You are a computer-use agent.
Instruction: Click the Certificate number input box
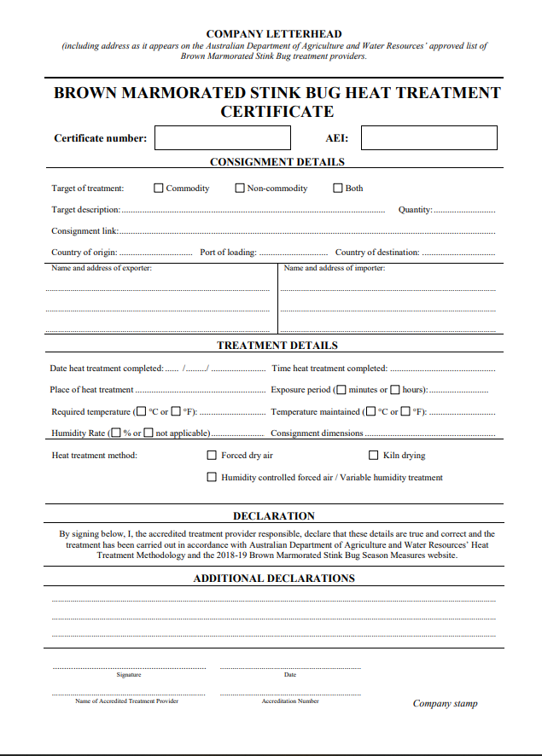tap(222, 137)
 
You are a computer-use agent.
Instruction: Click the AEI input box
tap(428, 137)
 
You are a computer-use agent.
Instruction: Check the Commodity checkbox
tap(159, 189)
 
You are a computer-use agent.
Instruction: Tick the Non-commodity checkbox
tap(240, 189)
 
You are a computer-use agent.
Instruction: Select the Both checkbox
tap(338, 189)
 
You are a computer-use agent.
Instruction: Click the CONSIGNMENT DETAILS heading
tap(277, 162)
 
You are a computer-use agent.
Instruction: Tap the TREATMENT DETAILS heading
tap(277, 346)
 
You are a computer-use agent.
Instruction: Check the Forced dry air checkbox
tap(213, 456)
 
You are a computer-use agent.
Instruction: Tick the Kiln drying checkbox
tap(374, 456)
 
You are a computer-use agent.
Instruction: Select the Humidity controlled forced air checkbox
tap(213, 478)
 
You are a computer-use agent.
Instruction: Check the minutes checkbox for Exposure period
tap(341, 390)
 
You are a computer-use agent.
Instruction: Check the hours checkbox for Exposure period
tap(395, 390)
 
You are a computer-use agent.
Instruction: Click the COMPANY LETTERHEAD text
tap(273, 34)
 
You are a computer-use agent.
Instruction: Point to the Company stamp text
tap(445, 704)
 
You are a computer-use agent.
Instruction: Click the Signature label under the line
tap(129, 675)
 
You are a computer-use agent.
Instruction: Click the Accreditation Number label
tap(290, 701)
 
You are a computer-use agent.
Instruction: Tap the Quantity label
tap(415, 210)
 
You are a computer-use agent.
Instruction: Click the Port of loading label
tap(228, 253)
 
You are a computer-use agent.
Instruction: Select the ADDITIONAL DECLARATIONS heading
tap(273, 578)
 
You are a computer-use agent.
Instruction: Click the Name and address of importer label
tap(334, 268)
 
